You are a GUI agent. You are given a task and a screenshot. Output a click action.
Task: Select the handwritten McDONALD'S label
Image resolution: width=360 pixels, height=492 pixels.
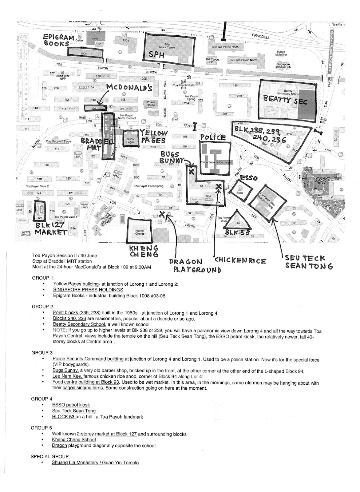(x=129, y=88)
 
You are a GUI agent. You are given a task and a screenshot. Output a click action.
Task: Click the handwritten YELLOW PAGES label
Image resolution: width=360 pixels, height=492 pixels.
(x=154, y=137)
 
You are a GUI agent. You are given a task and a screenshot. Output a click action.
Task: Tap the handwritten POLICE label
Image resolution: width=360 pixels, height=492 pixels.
(x=213, y=138)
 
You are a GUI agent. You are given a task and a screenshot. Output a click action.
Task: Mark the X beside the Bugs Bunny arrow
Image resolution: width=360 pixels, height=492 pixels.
(x=191, y=172)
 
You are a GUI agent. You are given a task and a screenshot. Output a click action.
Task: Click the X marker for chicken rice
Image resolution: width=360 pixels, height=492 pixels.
(x=219, y=186)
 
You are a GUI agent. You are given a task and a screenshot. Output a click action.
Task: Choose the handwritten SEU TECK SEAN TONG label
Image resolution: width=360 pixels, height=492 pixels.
(x=308, y=262)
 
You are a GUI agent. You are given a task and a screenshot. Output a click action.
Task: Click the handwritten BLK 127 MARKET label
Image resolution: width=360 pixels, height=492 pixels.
(x=51, y=229)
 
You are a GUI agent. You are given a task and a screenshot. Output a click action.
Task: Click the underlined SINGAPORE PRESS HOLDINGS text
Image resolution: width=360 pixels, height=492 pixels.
(x=88, y=290)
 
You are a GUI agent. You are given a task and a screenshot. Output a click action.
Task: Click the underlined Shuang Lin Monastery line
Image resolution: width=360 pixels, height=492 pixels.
(x=95, y=462)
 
